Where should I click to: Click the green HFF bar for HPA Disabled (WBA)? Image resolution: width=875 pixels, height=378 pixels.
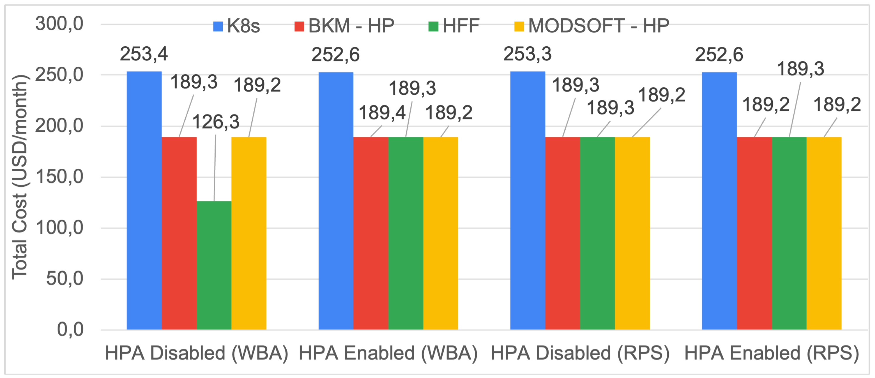coord(214,265)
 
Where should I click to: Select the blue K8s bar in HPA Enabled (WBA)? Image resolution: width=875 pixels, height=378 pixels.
coord(336,200)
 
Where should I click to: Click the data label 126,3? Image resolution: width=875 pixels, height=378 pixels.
coord(216,122)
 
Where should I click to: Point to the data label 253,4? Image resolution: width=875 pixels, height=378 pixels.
coord(144,54)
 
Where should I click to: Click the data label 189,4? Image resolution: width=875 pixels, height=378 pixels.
coord(382,113)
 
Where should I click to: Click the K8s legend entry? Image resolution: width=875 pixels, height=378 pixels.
coord(237,26)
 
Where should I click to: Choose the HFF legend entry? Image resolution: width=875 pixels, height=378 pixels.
coord(454,26)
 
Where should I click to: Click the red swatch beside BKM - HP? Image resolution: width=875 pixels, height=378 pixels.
coord(299,26)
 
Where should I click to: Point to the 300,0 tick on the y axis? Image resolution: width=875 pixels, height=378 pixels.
coord(60,24)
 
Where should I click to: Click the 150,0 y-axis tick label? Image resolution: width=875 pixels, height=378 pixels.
coord(60,177)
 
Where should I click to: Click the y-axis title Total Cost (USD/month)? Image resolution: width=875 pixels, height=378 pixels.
coord(19,177)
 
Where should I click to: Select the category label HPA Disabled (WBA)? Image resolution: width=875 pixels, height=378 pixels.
coord(196,353)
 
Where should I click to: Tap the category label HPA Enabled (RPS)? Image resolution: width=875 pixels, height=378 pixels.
coord(771,353)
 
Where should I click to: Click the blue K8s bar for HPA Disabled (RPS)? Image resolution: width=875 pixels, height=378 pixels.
coord(528,200)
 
